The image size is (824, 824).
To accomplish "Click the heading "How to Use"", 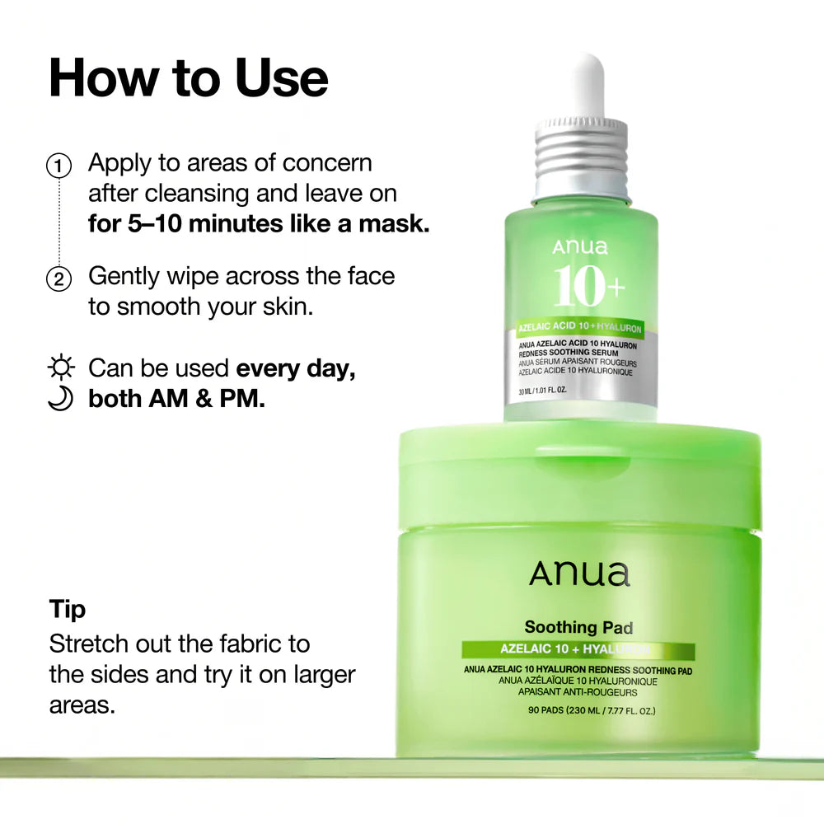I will coord(189,78).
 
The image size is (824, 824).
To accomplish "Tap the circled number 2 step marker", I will coord(58,279).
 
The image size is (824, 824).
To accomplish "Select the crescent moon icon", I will coord(61,399).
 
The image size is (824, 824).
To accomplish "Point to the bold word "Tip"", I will coord(67,610).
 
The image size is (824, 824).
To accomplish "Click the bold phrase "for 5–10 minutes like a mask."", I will coord(259,224).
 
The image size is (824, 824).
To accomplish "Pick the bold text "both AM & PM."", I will coord(176,399).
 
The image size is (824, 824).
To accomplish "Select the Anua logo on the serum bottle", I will coord(580,246).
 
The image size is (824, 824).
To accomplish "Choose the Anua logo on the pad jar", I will coord(579,574).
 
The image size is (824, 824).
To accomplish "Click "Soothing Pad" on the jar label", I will coord(578,628).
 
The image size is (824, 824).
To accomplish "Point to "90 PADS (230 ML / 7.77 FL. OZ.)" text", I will coord(578,710).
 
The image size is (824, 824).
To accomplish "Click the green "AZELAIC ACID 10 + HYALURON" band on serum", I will coord(580,327).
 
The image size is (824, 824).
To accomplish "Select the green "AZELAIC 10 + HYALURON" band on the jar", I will coord(578,651).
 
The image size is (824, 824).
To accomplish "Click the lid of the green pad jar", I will coord(579,474).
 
